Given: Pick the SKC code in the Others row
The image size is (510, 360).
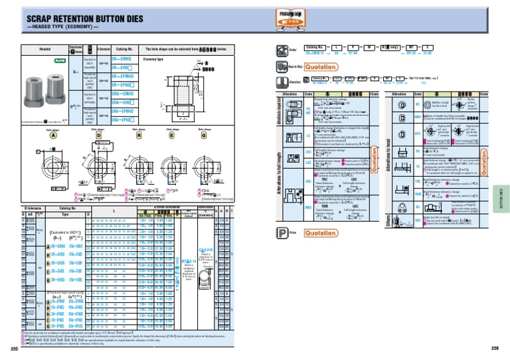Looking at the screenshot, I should pyautogui.click(x=418, y=220).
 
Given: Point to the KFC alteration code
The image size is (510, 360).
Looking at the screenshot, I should pyautogui.click(x=418, y=133).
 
